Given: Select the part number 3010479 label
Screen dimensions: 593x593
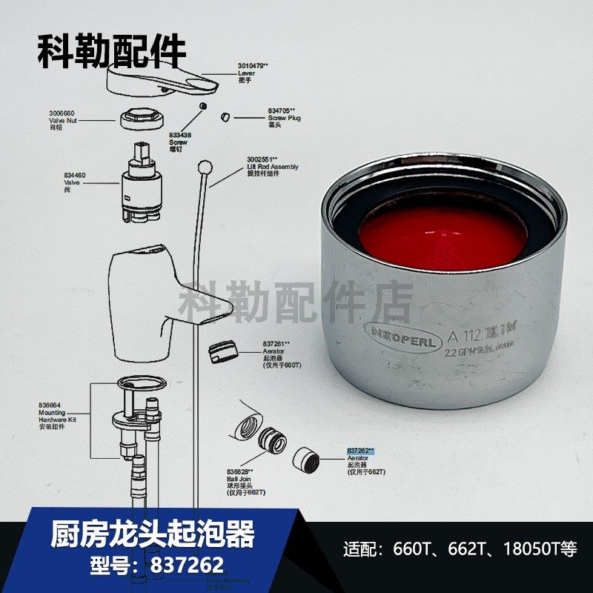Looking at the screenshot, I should pos(253,66).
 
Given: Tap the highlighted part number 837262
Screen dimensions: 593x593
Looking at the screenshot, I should pos(361,450).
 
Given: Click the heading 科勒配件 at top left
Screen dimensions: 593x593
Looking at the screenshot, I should pos(111,51).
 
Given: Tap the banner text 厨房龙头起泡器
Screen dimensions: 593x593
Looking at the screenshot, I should pos(153,534).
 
